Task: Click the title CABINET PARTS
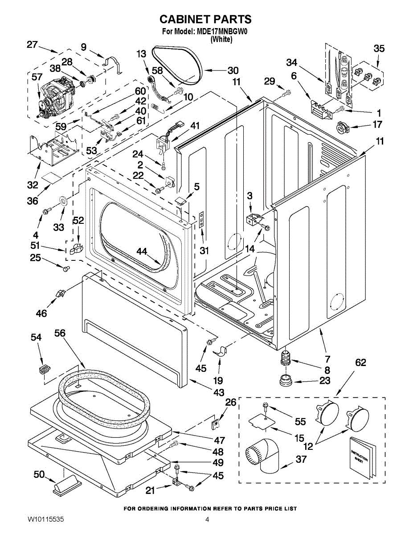205,19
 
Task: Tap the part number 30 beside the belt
233,70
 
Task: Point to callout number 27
32,44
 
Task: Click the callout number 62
360,362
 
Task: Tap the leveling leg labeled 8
285,358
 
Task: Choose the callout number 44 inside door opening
142,252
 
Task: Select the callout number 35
379,49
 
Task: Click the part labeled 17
342,128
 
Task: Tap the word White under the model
221,39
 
